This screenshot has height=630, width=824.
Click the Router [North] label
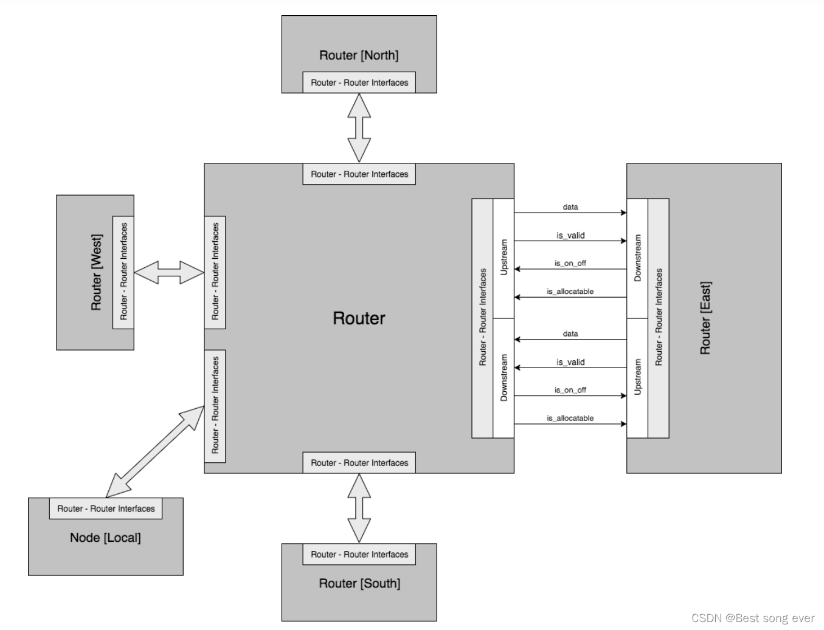click(359, 55)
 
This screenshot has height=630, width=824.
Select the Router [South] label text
click(359, 583)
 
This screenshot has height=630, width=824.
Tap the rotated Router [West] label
click(97, 272)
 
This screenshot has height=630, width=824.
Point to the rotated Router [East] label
click(705, 318)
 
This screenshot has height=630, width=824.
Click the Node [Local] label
click(105, 538)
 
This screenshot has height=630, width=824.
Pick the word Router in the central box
click(359, 318)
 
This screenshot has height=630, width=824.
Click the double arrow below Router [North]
click(359, 128)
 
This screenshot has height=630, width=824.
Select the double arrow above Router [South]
click(359, 508)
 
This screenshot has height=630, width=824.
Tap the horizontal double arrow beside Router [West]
click(169, 272)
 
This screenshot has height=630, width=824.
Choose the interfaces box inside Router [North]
click(359, 83)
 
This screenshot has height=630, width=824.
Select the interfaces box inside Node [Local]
click(106, 508)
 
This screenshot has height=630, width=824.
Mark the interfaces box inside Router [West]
click(123, 272)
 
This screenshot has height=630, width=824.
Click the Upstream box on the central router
click(504, 258)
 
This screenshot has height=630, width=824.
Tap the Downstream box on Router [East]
click(637, 258)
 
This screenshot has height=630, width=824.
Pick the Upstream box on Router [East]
click(637, 377)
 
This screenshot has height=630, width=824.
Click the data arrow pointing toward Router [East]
click(570, 213)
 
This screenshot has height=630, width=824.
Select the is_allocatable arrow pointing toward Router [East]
click(570, 424)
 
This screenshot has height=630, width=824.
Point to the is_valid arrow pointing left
click(570, 368)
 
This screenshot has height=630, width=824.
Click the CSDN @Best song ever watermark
click(753, 618)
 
